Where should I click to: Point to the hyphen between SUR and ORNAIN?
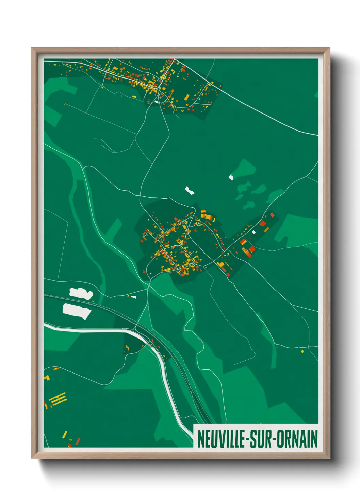click(275, 439)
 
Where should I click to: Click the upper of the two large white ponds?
click(81, 293)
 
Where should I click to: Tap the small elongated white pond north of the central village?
click(189, 190)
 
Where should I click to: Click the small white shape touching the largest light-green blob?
click(231, 177)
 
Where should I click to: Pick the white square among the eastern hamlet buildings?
click(253, 232)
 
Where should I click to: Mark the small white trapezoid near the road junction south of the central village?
click(133, 297)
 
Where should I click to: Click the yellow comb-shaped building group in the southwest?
click(58, 399)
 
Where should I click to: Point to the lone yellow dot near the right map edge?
click(302, 351)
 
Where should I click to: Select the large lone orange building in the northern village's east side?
click(186, 98)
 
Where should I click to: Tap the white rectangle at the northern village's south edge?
click(156, 101)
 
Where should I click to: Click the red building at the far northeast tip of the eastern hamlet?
click(272, 215)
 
